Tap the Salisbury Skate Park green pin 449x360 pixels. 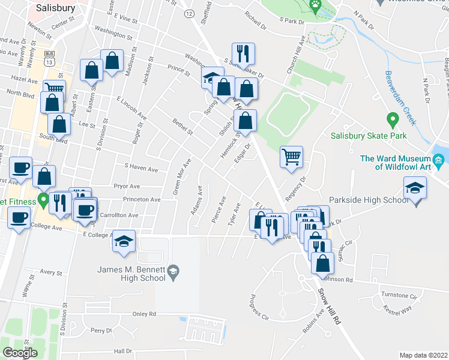coord(393,120)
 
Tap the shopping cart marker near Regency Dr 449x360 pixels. coord(291,157)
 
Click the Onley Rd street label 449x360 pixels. coord(144,314)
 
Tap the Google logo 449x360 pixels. coord(19,353)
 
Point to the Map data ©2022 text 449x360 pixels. coord(423,355)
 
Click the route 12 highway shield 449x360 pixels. coord(190,13)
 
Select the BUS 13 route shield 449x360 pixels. coord(50,58)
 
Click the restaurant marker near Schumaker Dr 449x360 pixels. coord(244,54)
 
